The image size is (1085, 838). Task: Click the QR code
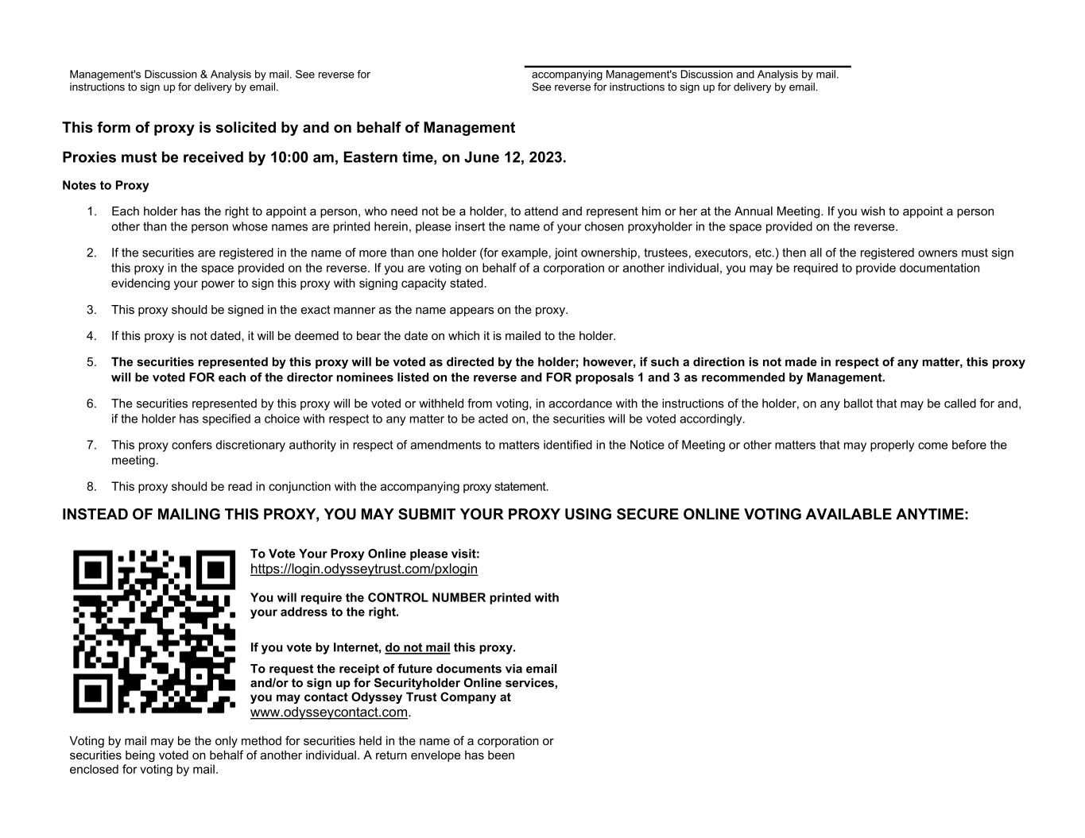(154, 631)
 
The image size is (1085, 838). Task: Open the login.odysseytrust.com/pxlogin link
(363, 569)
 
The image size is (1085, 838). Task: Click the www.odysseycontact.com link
(328, 712)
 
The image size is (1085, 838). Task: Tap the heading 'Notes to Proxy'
(106, 186)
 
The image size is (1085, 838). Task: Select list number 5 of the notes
(92, 362)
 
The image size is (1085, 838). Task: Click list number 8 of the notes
(92, 487)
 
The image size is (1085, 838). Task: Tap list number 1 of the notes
(92, 211)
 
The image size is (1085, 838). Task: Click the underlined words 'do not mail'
(417, 647)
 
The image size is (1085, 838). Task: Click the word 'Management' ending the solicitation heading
(468, 128)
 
